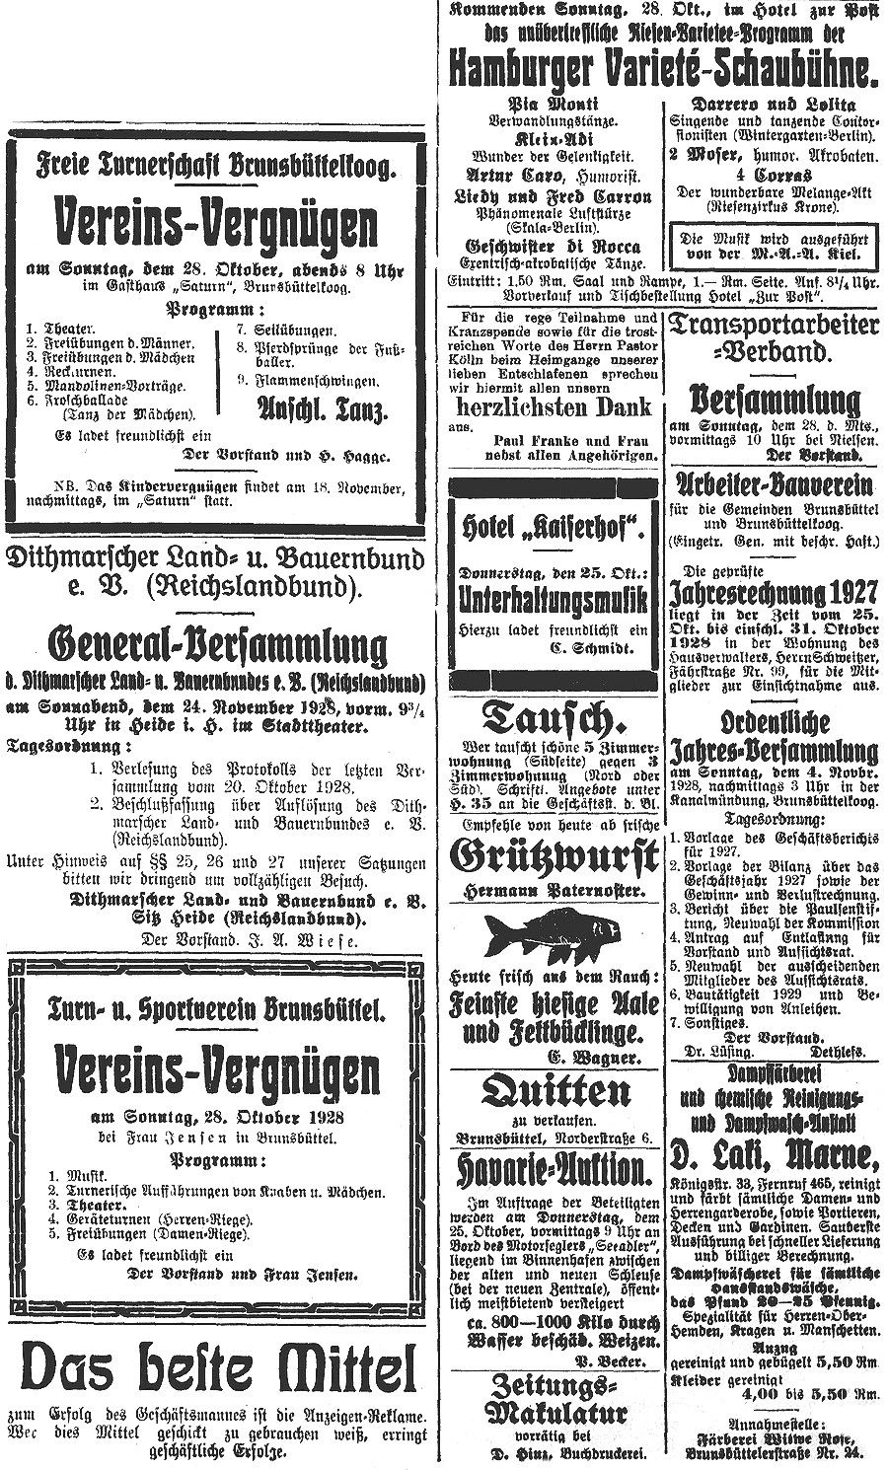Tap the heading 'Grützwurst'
pyautogui.click(x=553, y=855)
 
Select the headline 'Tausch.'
pyautogui.click(x=553, y=718)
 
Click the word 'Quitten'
pyautogui.click(x=554, y=1092)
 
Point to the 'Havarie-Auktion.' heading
pyautogui.click(x=553, y=1170)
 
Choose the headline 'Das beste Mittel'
pyautogui.click(x=218, y=1369)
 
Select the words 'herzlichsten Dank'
pyautogui.click(x=554, y=406)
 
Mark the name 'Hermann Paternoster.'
pyautogui.click(x=554, y=891)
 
